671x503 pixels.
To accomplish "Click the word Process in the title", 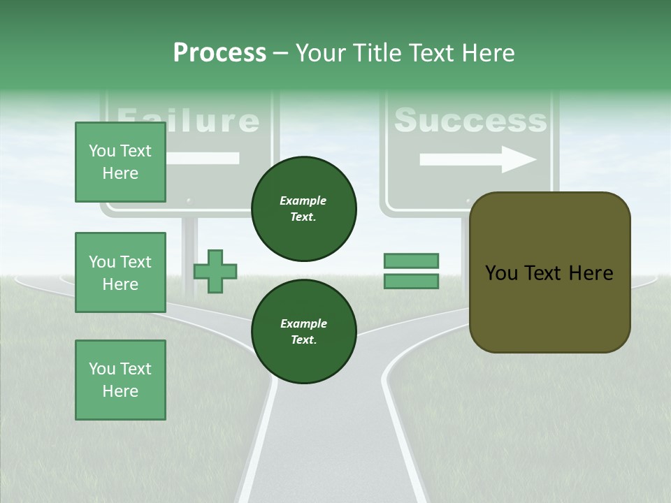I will coord(219,53).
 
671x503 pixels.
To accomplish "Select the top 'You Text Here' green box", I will coord(120,162).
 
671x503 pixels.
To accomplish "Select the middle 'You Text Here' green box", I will coord(120,272).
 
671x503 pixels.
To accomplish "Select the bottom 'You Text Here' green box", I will coord(120,380).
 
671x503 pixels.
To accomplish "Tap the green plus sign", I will coord(215,271).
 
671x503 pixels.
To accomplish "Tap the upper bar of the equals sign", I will coord(411,261).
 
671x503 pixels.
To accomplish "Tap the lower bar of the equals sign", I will coord(411,282).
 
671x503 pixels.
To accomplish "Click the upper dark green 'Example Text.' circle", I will coord(303,208).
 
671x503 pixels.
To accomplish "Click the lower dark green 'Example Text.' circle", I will coord(303,331).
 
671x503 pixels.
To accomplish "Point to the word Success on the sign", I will coord(470,120).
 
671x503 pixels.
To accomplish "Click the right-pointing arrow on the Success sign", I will coord(478,159).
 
